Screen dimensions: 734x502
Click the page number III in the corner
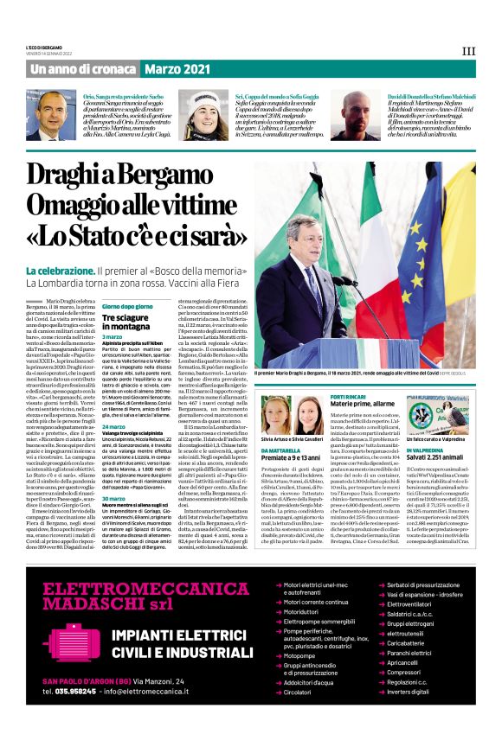pyautogui.click(x=468, y=51)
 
